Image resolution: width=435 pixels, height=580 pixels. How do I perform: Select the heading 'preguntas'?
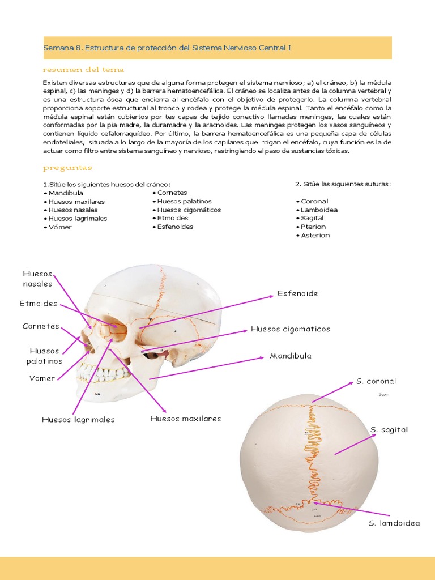(x=67, y=168)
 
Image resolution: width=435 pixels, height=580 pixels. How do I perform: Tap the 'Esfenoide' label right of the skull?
(x=297, y=293)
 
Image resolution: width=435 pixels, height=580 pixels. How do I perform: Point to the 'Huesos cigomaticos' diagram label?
(x=290, y=329)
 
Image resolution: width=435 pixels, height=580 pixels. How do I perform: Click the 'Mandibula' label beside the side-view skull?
(x=290, y=356)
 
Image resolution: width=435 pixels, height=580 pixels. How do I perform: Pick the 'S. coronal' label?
(x=376, y=381)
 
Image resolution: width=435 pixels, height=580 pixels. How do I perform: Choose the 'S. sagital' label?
(x=389, y=430)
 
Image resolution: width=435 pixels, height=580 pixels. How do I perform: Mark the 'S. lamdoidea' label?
(x=394, y=523)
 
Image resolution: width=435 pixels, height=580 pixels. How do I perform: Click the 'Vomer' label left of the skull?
(x=42, y=378)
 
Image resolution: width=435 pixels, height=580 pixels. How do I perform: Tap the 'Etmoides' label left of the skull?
(x=39, y=304)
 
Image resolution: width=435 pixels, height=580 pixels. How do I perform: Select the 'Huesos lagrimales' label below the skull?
(x=78, y=420)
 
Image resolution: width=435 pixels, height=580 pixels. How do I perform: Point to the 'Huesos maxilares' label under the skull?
(x=185, y=419)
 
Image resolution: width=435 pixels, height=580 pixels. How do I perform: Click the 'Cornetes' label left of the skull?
(x=41, y=326)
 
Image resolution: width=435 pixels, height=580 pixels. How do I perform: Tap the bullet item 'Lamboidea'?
(x=319, y=210)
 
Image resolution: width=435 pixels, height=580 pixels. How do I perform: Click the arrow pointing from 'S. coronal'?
(x=332, y=391)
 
